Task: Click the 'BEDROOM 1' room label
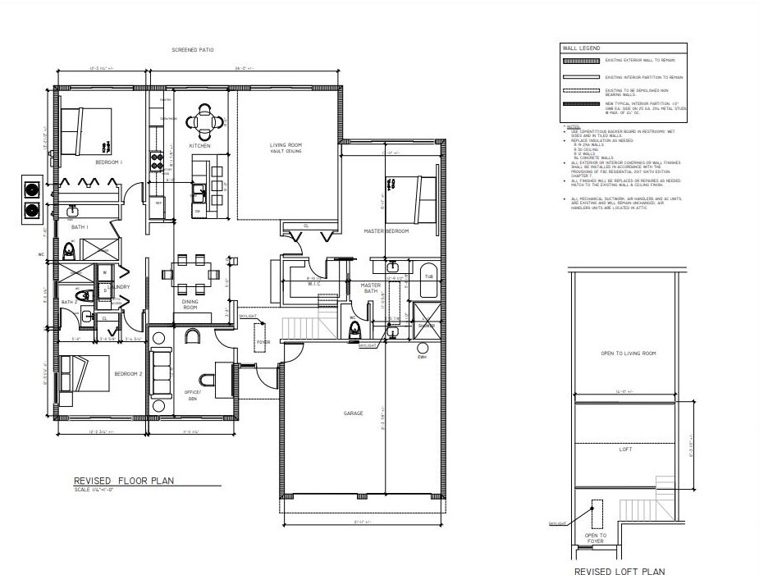click(x=108, y=162)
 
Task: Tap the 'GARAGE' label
click(x=354, y=413)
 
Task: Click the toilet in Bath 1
click(x=69, y=249)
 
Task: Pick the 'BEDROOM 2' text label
click(x=128, y=373)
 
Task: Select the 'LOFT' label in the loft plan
click(x=626, y=450)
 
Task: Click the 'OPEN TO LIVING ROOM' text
click(x=629, y=354)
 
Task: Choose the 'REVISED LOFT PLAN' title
click(x=619, y=570)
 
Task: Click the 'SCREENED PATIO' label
click(x=193, y=50)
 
